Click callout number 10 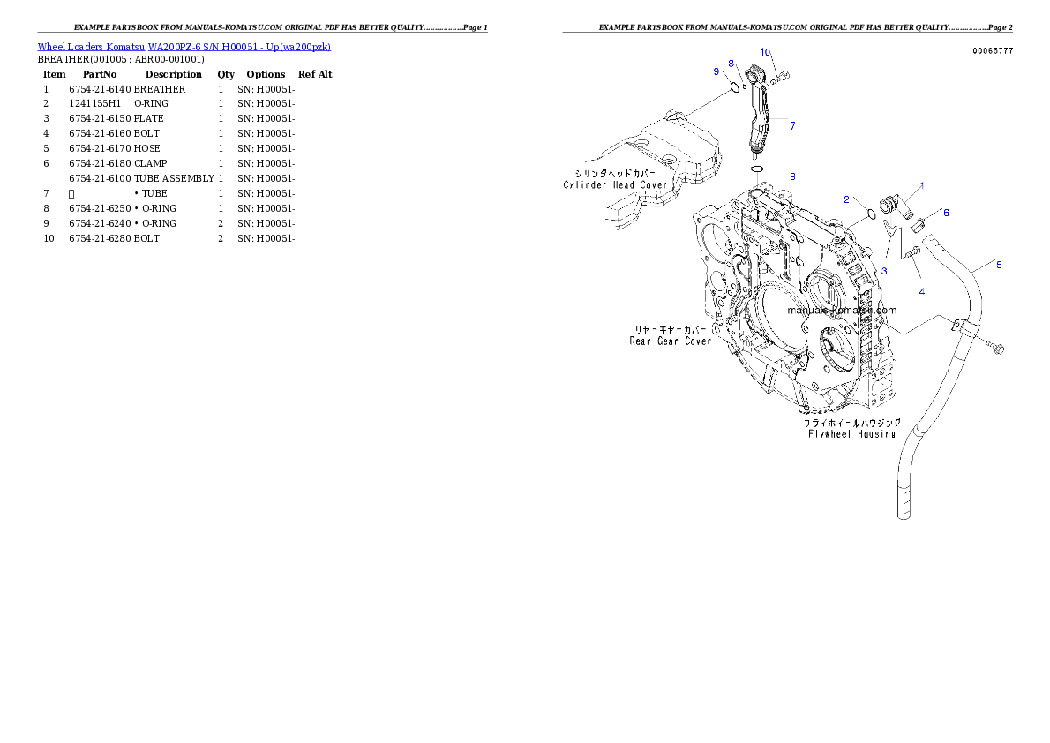click(x=765, y=52)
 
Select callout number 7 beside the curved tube click(x=792, y=126)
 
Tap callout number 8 click(x=731, y=63)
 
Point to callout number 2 click(x=846, y=199)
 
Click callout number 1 click(x=922, y=185)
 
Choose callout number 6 click(x=946, y=213)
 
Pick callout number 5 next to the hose click(x=999, y=264)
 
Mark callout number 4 click(x=921, y=291)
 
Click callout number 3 click(x=884, y=270)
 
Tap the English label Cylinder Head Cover click(x=616, y=185)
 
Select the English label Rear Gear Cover click(x=670, y=341)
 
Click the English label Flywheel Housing click(x=851, y=433)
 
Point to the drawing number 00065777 click(x=993, y=51)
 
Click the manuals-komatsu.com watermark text click(x=842, y=311)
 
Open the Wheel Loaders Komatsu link click(x=184, y=47)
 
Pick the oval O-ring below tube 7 click(x=757, y=168)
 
